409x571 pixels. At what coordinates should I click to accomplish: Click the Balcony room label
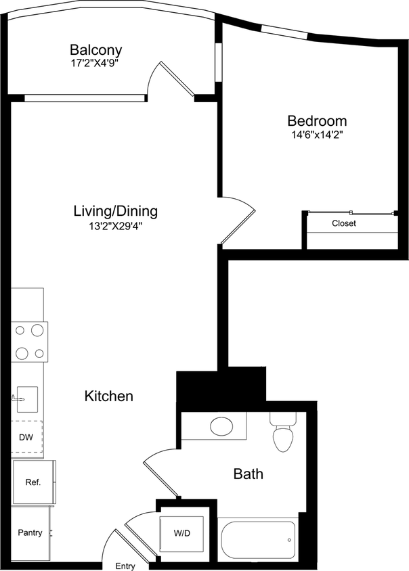pyautogui.click(x=96, y=49)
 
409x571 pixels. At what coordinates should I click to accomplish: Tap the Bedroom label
pyautogui.click(x=317, y=121)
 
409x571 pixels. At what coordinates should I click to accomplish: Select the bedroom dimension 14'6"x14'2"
pyautogui.click(x=317, y=135)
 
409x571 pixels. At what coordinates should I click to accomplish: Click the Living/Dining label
pyautogui.click(x=115, y=211)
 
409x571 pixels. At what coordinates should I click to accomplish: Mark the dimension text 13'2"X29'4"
pyautogui.click(x=115, y=226)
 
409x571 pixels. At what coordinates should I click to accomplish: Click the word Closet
pyautogui.click(x=343, y=223)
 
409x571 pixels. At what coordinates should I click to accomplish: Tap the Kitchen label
pyautogui.click(x=108, y=396)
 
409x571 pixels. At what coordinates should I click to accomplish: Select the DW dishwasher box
pyautogui.click(x=26, y=437)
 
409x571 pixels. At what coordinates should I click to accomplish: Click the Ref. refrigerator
pyautogui.click(x=33, y=482)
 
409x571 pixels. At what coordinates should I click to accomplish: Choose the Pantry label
pyautogui.click(x=30, y=533)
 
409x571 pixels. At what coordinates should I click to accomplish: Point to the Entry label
pyautogui.click(x=125, y=566)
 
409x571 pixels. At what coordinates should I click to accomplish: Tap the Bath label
pyautogui.click(x=248, y=474)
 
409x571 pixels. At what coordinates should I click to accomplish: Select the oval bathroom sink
pyautogui.click(x=221, y=426)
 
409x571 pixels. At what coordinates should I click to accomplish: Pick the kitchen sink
pyautogui.click(x=26, y=397)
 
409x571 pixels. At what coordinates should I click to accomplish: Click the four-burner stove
pyautogui.click(x=30, y=342)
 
